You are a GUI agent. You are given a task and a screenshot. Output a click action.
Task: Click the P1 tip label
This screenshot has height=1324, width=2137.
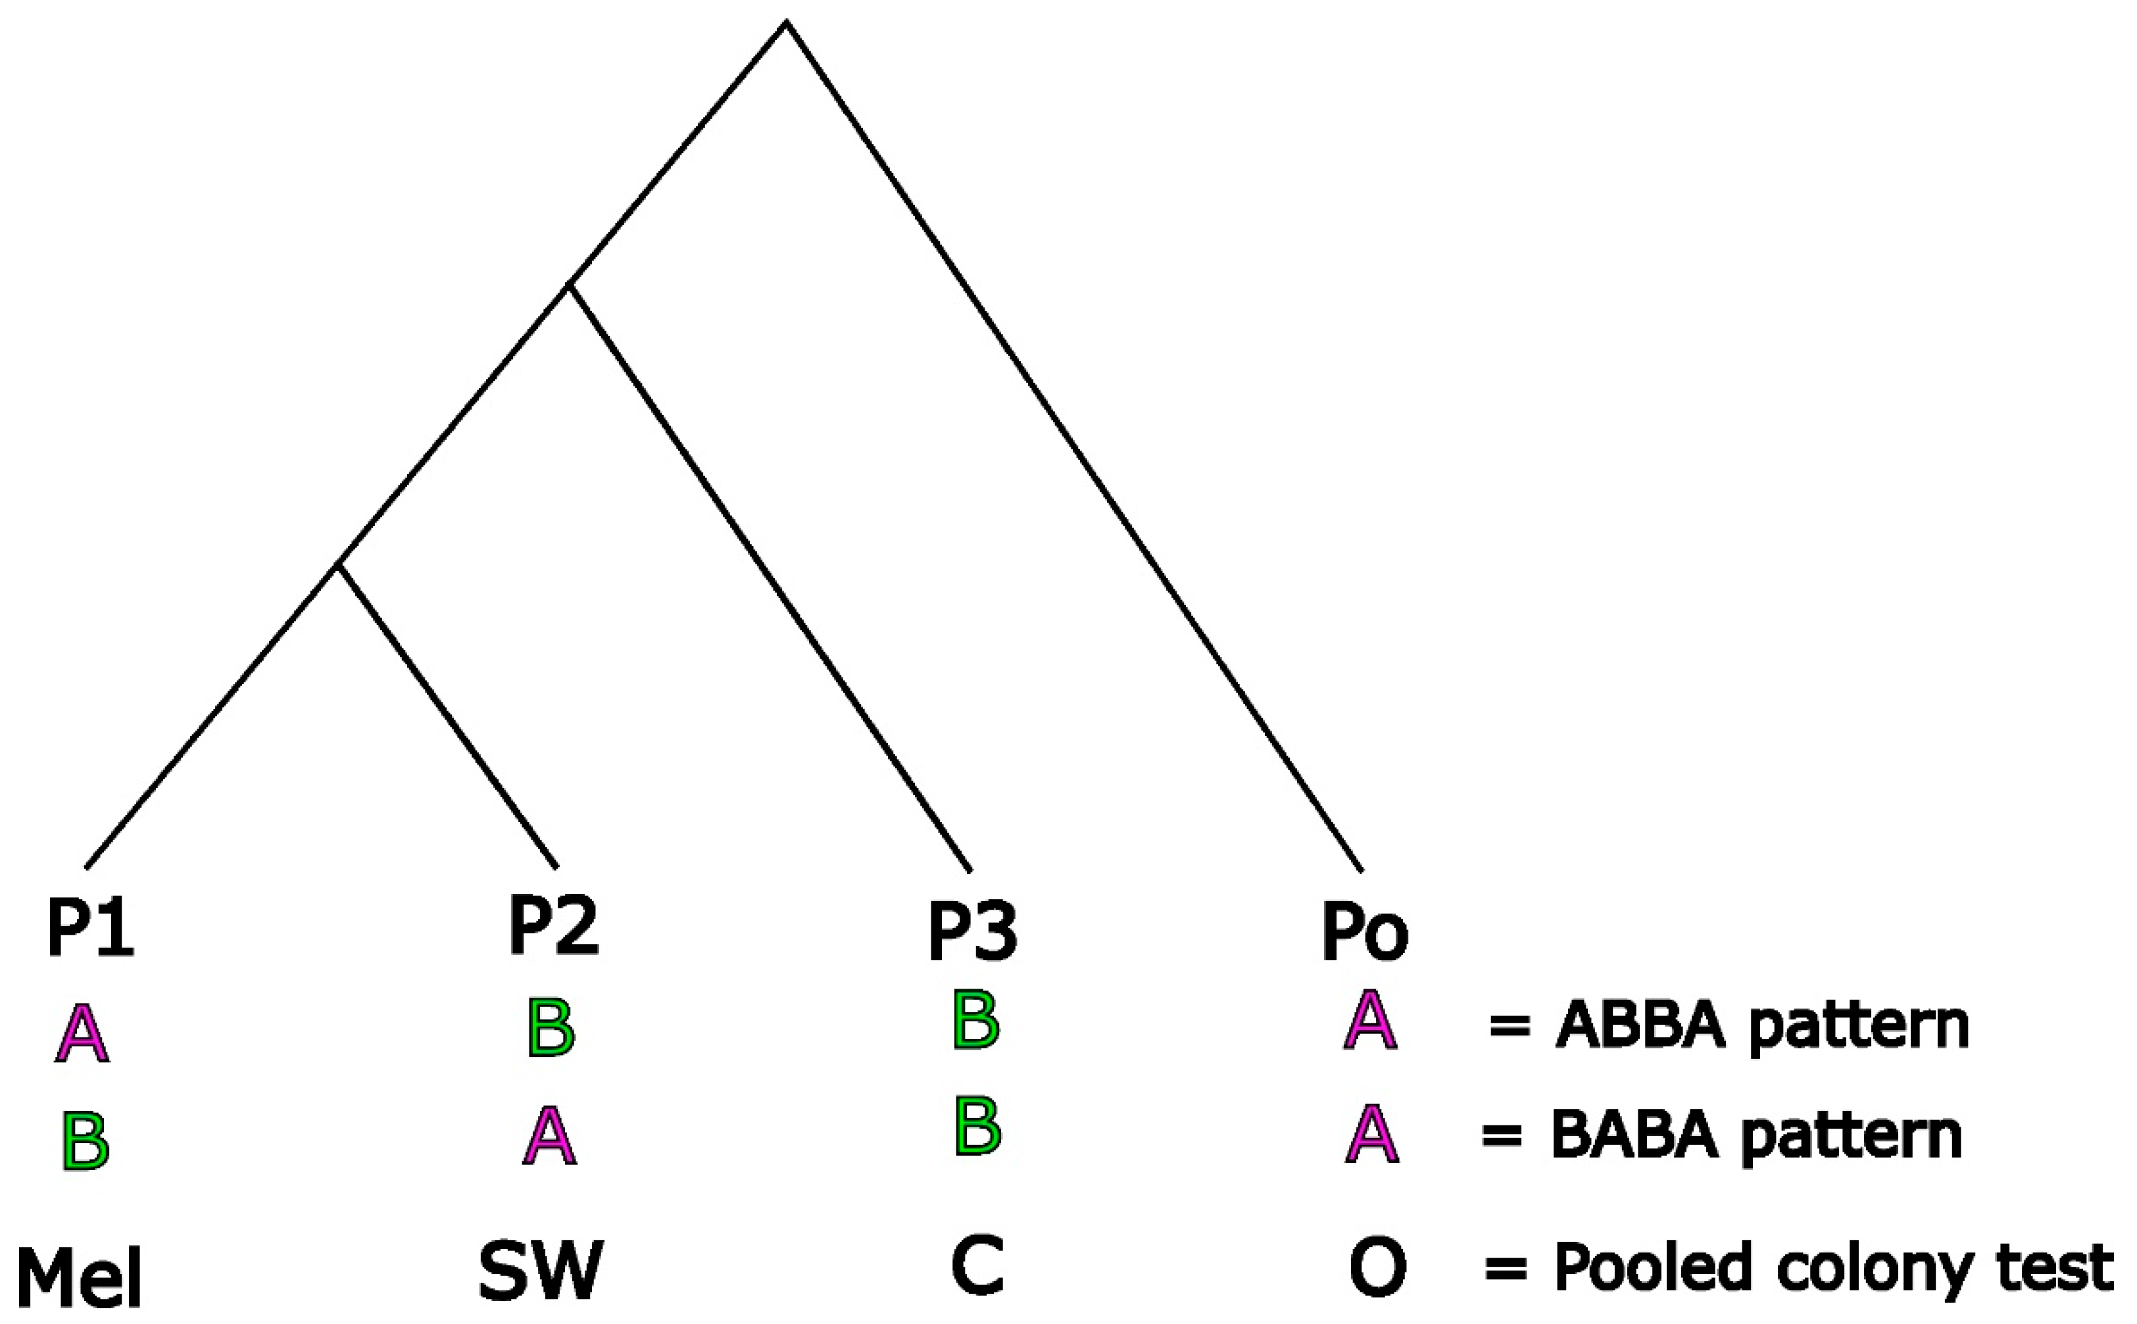coord(90,929)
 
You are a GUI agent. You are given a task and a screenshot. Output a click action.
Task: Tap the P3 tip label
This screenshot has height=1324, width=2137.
coord(973,932)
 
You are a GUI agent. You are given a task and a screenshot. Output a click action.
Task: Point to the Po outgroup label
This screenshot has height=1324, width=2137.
coord(1364,932)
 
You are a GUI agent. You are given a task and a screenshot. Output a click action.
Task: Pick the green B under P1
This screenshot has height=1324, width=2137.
coord(86,1141)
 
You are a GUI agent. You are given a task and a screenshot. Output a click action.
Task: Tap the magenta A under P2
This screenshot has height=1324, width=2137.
coord(550,1136)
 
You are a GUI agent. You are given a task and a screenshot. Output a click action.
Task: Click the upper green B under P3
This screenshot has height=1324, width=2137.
coord(975,1020)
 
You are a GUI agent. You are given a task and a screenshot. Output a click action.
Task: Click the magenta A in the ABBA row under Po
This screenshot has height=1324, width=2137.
coord(1370,1020)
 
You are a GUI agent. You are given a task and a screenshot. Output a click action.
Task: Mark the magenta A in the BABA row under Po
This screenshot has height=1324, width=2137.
coord(1372,1134)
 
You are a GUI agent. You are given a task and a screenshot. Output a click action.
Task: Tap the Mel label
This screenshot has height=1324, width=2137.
coord(79,1280)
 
